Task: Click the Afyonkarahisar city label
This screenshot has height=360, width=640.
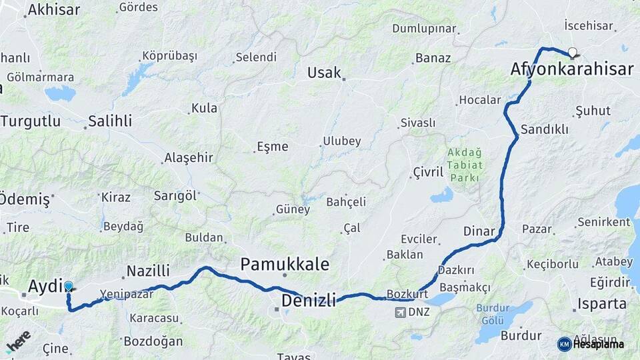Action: [x=571, y=69]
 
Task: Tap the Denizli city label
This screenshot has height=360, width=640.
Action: [x=308, y=301]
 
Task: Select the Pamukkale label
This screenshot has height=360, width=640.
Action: [x=285, y=264]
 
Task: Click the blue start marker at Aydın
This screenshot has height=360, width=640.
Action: [x=68, y=287]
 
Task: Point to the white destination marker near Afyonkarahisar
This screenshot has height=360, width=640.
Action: [x=572, y=52]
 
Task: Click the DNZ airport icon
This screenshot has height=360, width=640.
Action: [x=400, y=312]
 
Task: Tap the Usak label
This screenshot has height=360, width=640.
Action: [x=324, y=73]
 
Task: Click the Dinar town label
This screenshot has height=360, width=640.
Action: [x=479, y=232]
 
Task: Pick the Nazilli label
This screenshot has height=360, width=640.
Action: [x=148, y=271]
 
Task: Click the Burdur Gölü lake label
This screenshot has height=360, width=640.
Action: [x=492, y=314]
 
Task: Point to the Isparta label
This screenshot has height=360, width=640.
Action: [x=603, y=304]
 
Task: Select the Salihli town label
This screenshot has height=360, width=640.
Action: [x=110, y=121]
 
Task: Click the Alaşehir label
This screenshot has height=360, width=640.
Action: [x=188, y=158]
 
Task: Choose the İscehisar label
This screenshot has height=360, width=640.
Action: [x=589, y=25]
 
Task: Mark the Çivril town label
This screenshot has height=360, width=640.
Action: [x=428, y=173]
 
